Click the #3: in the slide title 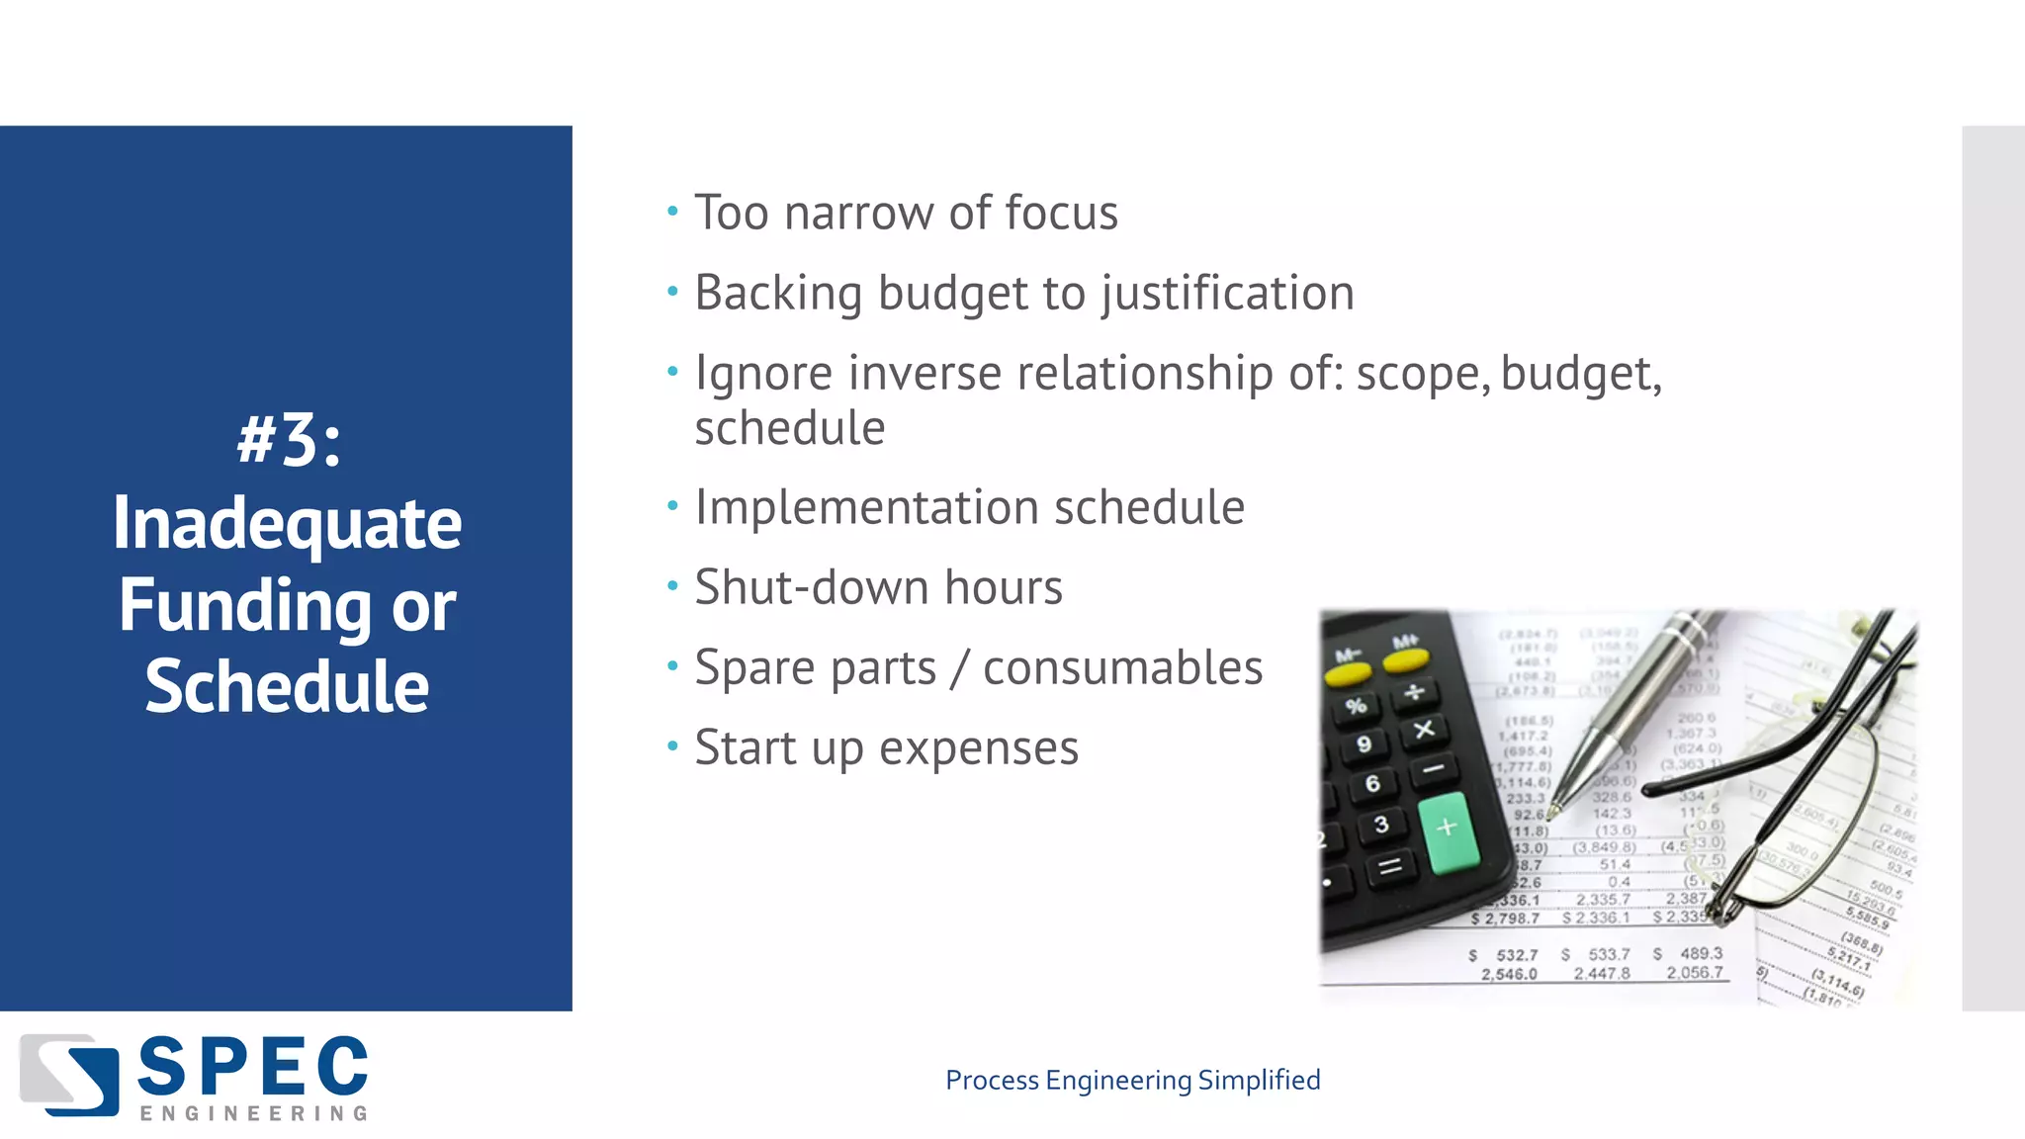point(289,441)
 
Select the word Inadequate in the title point(287,524)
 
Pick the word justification point(1227,294)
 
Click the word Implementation point(866,508)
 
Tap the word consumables point(1122,668)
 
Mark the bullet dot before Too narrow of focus point(672,211)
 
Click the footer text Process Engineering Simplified point(1132,1080)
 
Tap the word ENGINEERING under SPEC point(253,1114)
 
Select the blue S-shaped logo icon point(69,1074)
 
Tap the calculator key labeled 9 point(1365,745)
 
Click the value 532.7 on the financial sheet point(1516,955)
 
